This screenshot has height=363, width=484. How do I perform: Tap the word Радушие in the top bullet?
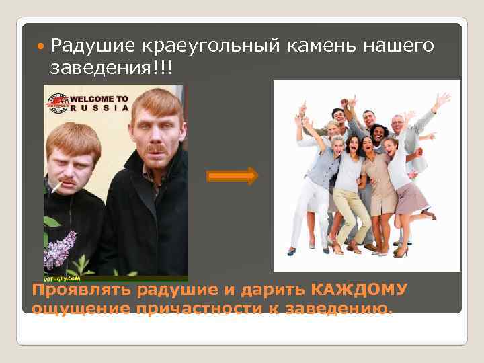tap(92, 46)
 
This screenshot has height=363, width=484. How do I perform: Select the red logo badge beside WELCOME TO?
tap(58, 102)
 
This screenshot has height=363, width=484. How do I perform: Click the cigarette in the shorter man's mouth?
tap(55, 186)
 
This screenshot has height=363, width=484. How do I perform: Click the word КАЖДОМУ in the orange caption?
tap(360, 290)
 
